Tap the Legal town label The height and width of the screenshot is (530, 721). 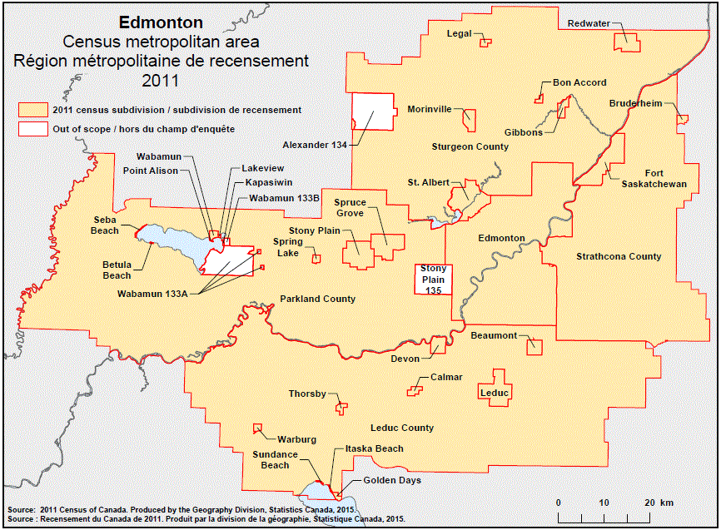tap(459, 34)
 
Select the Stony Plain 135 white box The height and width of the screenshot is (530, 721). tap(433, 280)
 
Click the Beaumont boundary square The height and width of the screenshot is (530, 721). tap(534, 347)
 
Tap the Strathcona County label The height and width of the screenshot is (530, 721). tap(619, 256)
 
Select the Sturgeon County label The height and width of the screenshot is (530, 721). tap(470, 146)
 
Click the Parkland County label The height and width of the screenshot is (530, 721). tap(317, 299)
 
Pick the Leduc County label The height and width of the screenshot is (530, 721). tap(401, 428)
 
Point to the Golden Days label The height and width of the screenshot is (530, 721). tap(392, 480)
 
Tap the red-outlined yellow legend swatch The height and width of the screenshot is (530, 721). tap(32, 110)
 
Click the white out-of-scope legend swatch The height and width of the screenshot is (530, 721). tap(32, 129)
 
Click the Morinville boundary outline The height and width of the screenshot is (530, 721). tap(470, 121)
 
